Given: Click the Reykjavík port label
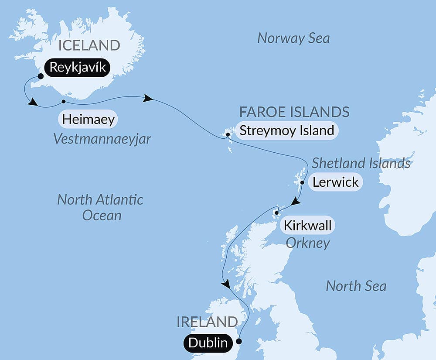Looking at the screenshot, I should pyautogui.click(x=77, y=68).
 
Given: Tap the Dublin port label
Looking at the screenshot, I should pyautogui.click(x=208, y=343).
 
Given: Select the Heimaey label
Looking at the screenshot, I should pyautogui.click(x=88, y=119).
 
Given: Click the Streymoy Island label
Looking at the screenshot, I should pyautogui.click(x=286, y=130).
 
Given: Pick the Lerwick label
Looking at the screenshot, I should pyautogui.click(x=335, y=182).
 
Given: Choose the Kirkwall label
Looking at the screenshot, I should pyautogui.click(x=307, y=226).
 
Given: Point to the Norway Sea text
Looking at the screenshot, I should pyautogui.click(x=293, y=38).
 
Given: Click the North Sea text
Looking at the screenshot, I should pyautogui.click(x=356, y=286).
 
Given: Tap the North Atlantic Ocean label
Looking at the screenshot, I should pyautogui.click(x=100, y=207).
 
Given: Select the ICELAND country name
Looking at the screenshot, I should pyautogui.click(x=89, y=45).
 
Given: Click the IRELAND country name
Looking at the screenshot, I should pyautogui.click(x=207, y=322).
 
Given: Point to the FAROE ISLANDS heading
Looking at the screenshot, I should pyautogui.click(x=294, y=112).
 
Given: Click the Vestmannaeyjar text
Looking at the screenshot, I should pyautogui.click(x=102, y=139).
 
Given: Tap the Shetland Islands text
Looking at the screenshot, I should pyautogui.click(x=361, y=163).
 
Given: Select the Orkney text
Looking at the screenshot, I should pyautogui.click(x=307, y=243).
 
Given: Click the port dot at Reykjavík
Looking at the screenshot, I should pyautogui.click(x=41, y=76).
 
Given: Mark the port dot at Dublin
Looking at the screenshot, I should pyautogui.click(x=238, y=341).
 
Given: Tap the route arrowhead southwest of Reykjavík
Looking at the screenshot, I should pyautogui.click(x=32, y=103).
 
